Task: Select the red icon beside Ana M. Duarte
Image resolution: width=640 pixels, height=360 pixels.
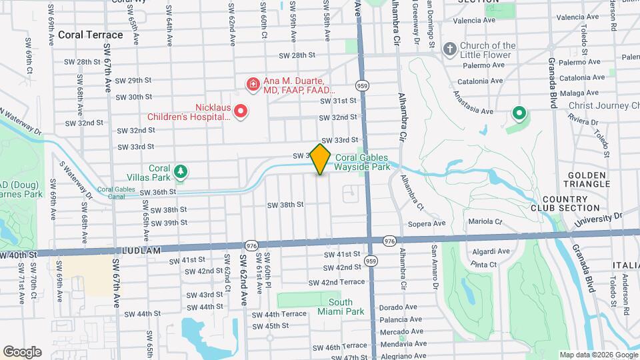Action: pos(253,84)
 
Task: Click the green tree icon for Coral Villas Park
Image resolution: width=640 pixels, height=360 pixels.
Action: pos(180,173)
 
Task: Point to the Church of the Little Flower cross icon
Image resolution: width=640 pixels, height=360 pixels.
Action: pos(450,49)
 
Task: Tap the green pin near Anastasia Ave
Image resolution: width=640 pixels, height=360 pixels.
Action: pos(519,114)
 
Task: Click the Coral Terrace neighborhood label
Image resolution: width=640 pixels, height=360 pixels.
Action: pos(91,35)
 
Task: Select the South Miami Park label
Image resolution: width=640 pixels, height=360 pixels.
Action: pos(345,307)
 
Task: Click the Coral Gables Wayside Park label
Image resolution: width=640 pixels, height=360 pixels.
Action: pos(363,163)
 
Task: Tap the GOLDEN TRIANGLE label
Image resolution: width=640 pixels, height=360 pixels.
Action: pos(586,179)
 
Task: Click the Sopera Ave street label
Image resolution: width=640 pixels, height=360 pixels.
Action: pos(427,223)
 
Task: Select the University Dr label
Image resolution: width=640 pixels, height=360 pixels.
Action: pos(599,218)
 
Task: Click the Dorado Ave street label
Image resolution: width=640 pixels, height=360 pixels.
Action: pos(398,307)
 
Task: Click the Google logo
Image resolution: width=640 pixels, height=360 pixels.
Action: pos(22,352)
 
